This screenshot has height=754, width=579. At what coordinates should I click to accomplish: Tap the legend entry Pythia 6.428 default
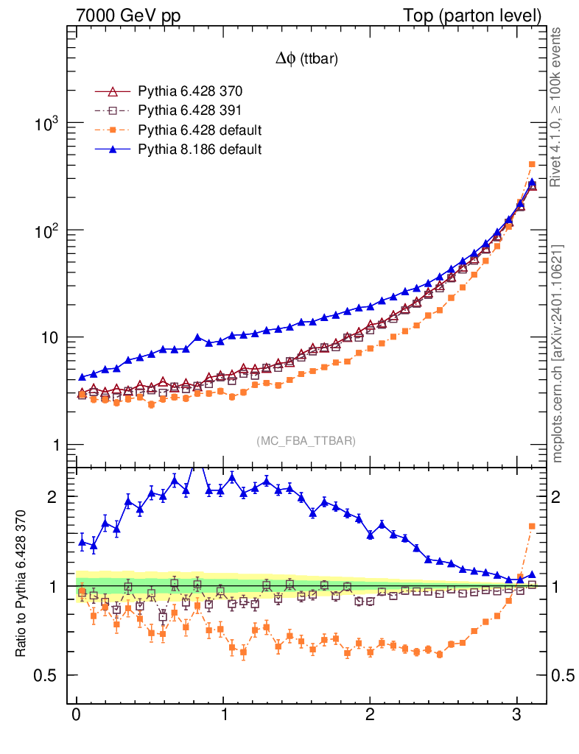[x=200, y=130]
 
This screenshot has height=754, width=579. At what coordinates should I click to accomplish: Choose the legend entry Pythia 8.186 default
[x=200, y=149]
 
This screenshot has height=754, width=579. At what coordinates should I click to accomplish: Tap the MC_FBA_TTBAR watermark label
[x=306, y=440]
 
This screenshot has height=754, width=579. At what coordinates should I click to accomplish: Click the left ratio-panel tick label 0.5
[x=47, y=676]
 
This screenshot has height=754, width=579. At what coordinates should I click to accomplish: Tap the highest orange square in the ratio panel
[x=532, y=526]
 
